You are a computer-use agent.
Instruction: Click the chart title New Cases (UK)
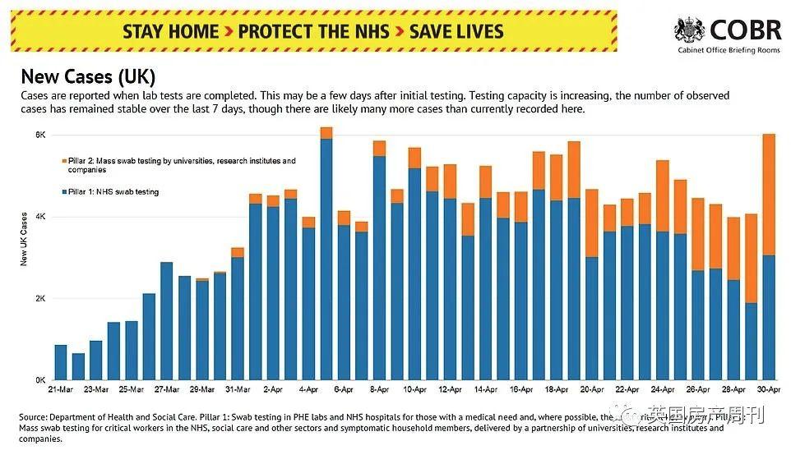point(87,77)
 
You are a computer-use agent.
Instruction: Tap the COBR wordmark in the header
point(744,30)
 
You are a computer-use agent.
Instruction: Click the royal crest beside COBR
point(689,31)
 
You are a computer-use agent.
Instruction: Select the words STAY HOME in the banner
point(171,32)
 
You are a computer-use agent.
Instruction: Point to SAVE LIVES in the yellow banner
point(456,32)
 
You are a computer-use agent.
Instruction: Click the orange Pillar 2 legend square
point(65,161)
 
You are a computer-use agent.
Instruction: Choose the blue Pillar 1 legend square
point(65,192)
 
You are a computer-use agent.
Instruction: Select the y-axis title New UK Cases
point(24,239)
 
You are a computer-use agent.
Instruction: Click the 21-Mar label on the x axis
point(61,390)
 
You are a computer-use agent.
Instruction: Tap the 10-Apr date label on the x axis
point(414,390)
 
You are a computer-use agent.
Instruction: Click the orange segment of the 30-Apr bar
point(769,195)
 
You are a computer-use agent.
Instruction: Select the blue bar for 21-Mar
point(61,362)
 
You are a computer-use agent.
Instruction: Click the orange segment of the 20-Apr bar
point(591,223)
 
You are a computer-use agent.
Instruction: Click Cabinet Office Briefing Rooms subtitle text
point(729,51)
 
